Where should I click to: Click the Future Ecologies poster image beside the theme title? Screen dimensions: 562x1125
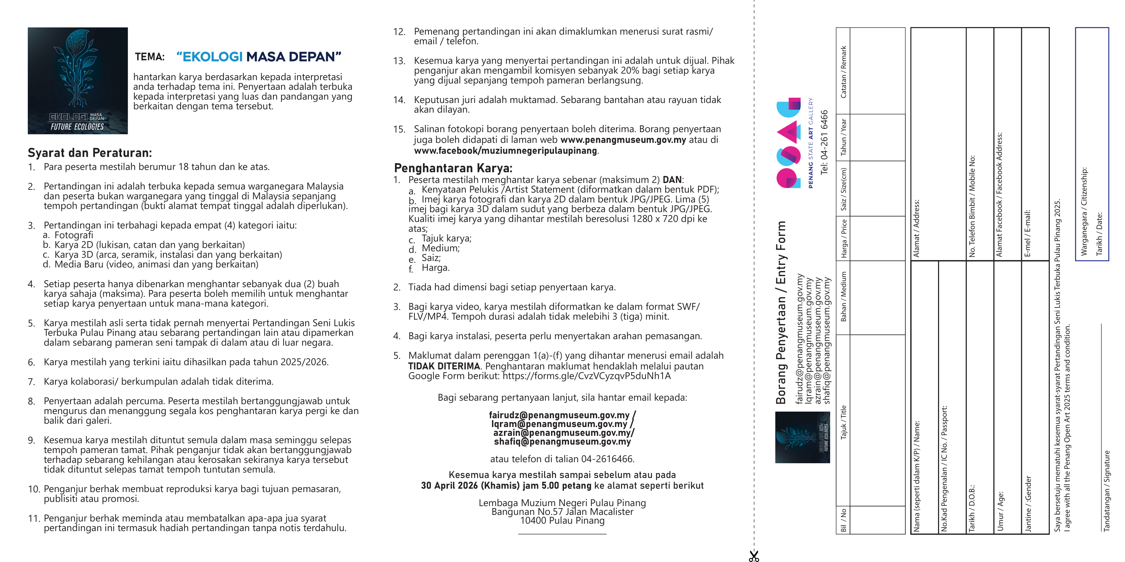78,81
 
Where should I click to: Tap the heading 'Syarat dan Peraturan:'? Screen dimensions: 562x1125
90,153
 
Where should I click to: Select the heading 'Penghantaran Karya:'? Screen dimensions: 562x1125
453,168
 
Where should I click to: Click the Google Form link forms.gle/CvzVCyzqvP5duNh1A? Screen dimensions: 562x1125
587,376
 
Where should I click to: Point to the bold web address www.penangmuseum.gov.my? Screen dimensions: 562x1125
623,140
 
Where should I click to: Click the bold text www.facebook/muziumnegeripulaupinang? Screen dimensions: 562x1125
505,151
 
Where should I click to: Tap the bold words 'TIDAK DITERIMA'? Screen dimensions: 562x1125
444,366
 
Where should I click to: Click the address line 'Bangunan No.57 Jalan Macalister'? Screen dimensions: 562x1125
562,512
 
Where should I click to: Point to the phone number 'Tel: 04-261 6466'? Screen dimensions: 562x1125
824,142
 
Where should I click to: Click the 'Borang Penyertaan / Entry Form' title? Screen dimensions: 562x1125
781,312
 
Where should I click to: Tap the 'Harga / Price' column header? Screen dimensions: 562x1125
844,238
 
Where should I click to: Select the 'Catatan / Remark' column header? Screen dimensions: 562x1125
844,72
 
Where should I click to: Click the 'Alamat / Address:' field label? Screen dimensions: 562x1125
916,228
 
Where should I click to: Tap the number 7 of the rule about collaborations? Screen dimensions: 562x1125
31,382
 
